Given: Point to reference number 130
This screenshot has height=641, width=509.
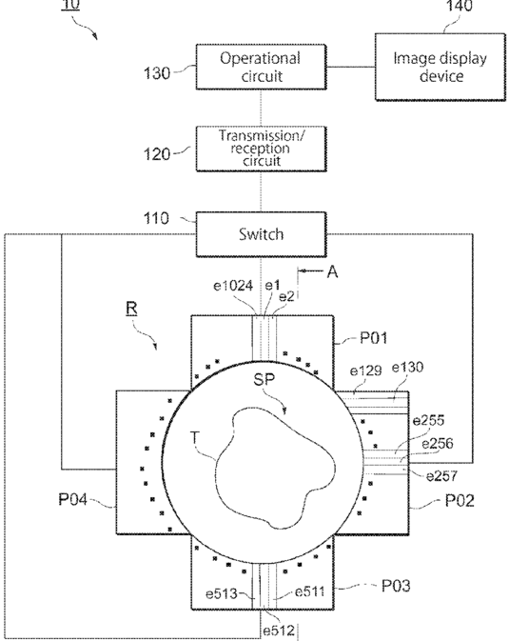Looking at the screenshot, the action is click(156, 73).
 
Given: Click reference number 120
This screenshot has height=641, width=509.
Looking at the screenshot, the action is click(156, 154).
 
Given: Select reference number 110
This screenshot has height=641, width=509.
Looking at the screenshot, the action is click(156, 218).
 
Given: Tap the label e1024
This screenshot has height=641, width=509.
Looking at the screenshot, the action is click(233, 286).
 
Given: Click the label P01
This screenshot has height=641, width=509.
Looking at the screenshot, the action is click(373, 338).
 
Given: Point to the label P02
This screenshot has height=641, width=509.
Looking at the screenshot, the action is click(460, 500).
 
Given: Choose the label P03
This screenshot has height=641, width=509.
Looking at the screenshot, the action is click(396, 586).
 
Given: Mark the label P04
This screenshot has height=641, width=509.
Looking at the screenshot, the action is click(72, 499).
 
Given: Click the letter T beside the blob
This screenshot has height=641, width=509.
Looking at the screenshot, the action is click(195, 438).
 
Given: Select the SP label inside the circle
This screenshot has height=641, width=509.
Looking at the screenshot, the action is click(264, 380).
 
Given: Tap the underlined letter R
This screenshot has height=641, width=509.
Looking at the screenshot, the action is click(131, 309).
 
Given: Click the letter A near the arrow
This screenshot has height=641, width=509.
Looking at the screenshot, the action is click(333, 271).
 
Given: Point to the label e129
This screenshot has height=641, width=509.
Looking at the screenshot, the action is click(366, 371).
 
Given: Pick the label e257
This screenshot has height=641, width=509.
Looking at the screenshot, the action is click(441, 476).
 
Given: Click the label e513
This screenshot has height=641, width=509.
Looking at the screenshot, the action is click(222, 593).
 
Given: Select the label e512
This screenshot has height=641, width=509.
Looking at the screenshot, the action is click(279, 631).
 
